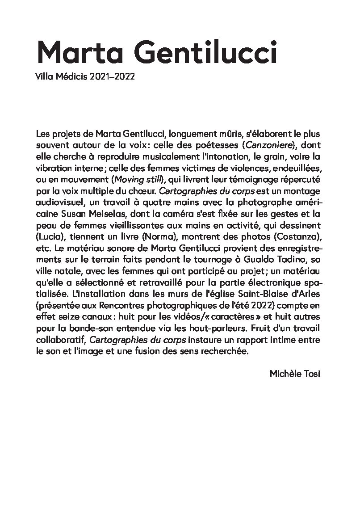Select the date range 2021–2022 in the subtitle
(112, 77)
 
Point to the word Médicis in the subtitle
(71, 77)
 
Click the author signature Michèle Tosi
(295, 373)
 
